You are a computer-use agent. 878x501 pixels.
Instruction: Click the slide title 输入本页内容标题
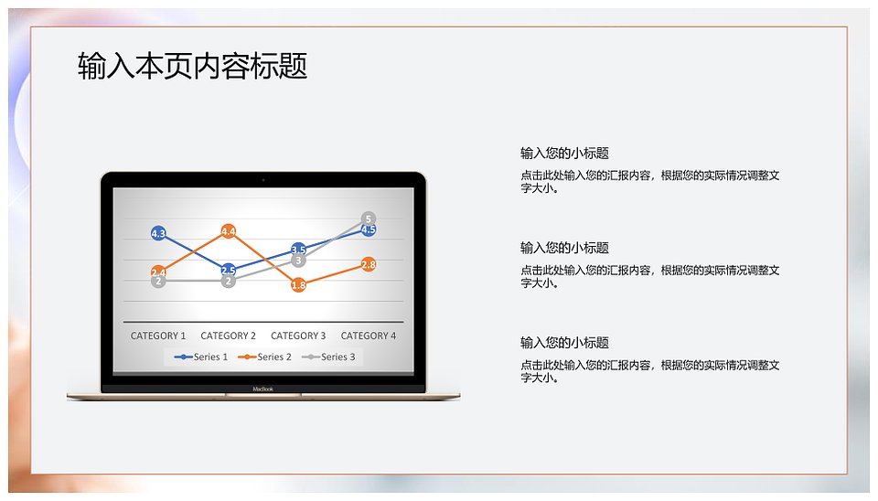[192, 66]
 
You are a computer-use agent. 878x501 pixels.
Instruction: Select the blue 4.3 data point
[158, 233]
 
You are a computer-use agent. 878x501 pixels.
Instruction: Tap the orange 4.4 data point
[228, 231]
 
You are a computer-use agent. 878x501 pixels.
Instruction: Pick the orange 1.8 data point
[298, 285]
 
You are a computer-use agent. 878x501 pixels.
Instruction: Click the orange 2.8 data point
[369, 264]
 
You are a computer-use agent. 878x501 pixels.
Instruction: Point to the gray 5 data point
[369, 219]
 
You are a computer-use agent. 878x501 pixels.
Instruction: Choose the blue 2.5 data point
[228, 271]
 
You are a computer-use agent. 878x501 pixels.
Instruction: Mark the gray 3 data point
[298, 261]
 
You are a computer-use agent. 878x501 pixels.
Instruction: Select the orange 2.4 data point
[158, 272]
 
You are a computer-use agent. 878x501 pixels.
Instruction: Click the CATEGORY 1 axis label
[158, 336]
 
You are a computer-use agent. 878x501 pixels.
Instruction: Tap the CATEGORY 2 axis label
[228, 336]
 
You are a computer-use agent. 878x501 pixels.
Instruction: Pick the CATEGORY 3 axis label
[298, 336]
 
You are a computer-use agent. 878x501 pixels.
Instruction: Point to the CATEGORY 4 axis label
[369, 336]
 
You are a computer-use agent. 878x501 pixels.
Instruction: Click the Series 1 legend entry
[201, 357]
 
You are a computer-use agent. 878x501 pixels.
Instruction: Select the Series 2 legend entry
[264, 357]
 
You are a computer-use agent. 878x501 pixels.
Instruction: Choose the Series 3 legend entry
[328, 357]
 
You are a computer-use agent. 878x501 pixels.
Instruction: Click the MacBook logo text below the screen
[262, 389]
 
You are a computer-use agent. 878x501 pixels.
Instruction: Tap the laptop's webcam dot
[263, 180]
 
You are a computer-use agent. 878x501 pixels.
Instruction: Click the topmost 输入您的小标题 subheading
[564, 154]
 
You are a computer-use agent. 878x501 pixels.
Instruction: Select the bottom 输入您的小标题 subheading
[564, 343]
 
